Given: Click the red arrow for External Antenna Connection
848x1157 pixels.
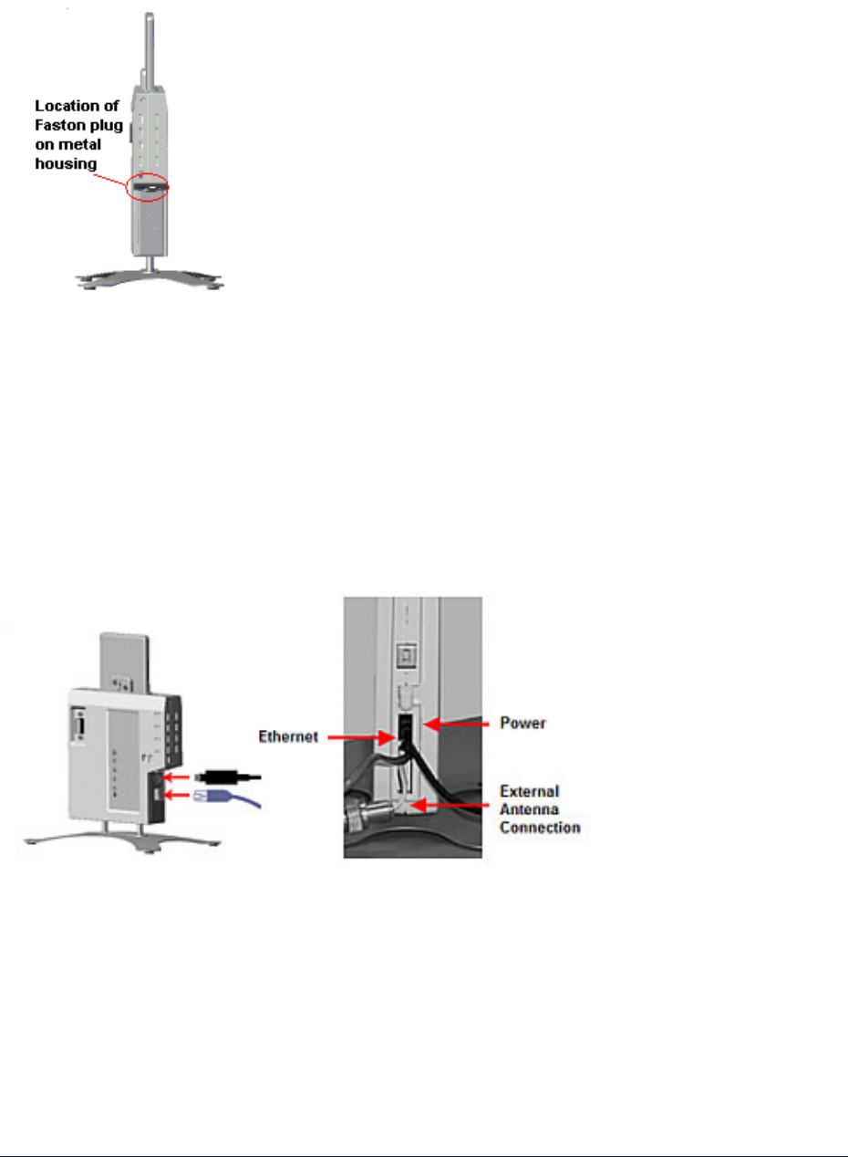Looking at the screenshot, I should (455, 804).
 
